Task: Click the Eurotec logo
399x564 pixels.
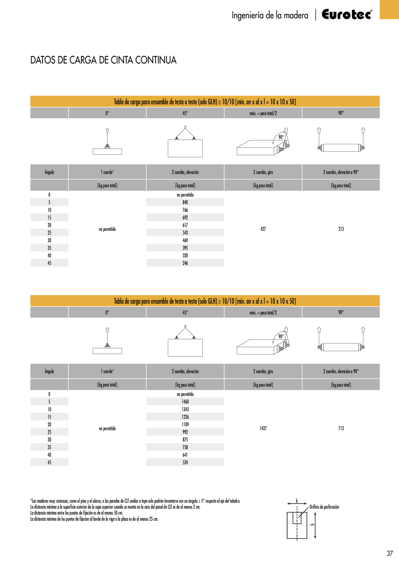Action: [347, 14]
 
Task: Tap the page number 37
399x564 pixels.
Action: [390, 553]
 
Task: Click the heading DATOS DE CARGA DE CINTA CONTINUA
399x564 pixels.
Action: [103, 60]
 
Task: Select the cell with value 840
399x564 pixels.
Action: [185, 202]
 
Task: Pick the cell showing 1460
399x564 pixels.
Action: [185, 402]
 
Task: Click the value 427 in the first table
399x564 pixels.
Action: [263, 229]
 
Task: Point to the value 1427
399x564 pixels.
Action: [263, 428]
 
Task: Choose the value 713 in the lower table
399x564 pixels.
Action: [341, 428]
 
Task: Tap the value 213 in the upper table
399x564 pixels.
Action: [341, 229]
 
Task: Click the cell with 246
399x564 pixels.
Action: [185, 263]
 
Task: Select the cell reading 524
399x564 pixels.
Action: [185, 462]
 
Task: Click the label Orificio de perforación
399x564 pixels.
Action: [324, 507]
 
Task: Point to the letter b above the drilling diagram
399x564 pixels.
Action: [297, 501]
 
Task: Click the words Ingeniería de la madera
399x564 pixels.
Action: [270, 15]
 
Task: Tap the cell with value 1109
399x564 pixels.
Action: [185, 424]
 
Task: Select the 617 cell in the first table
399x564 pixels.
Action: [185, 225]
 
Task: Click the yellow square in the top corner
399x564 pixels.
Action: [389, 10]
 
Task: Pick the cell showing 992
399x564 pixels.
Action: [185, 432]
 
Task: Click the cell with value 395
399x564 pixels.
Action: [185, 248]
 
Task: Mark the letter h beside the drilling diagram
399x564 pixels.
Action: [312, 524]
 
